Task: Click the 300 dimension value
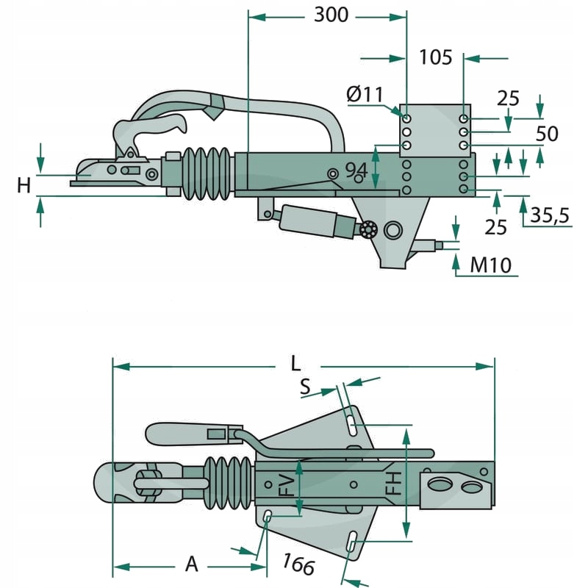point(331,15)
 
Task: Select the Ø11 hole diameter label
point(364,95)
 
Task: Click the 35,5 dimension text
point(550,215)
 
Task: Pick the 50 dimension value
point(547,134)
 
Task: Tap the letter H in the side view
point(24,185)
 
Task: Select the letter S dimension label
point(305,387)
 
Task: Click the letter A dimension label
point(191,564)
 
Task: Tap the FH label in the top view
point(394,483)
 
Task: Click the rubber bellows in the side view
point(207,174)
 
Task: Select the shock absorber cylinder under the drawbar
point(309,221)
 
